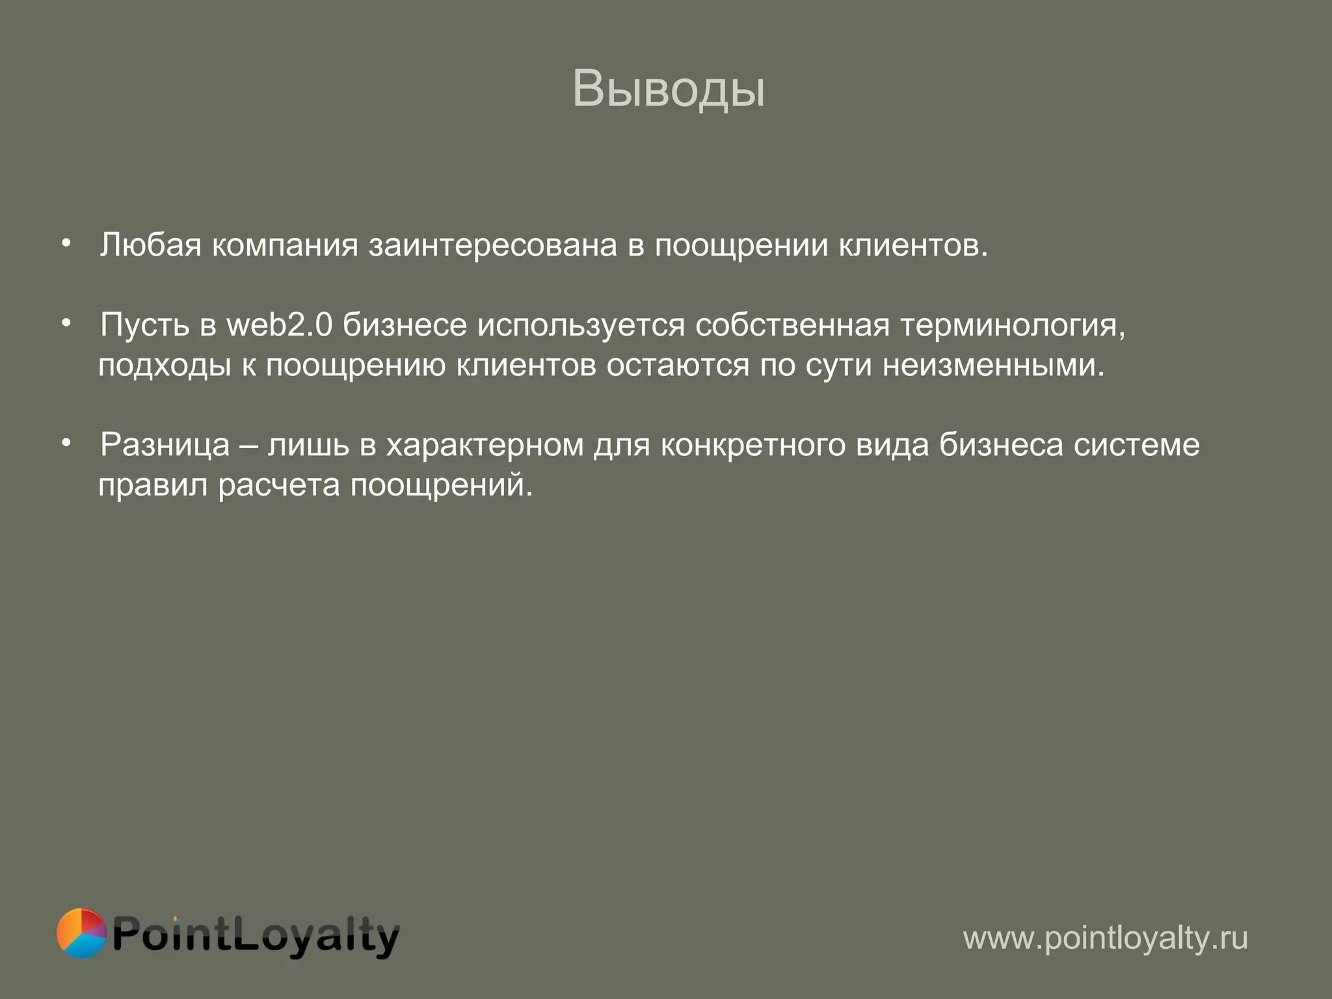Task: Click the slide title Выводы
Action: [x=668, y=89]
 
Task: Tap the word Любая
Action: [x=150, y=245]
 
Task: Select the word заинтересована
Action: [x=492, y=245]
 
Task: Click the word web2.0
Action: [x=279, y=325]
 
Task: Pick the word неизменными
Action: [x=993, y=366]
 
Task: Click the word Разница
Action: [x=165, y=446]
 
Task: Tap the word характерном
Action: [x=485, y=446]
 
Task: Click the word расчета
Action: [x=278, y=485]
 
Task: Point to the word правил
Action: [x=153, y=485]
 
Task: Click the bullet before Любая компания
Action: [x=66, y=243]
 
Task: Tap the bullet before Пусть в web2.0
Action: [x=66, y=323]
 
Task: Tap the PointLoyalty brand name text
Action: [x=255, y=935]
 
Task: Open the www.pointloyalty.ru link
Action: [x=1105, y=938]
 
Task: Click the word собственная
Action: [x=792, y=325]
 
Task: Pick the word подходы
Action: [x=165, y=366]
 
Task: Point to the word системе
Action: [x=1136, y=446]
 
